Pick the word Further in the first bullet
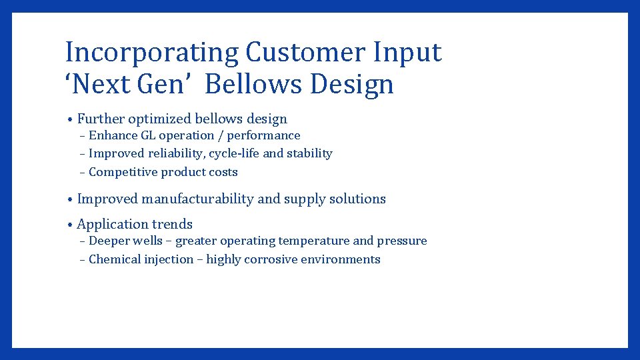pyautogui.click(x=101, y=119)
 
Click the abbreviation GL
pyautogui.click(x=147, y=135)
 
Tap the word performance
pyautogui.click(x=264, y=135)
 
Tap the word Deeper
pyautogui.click(x=109, y=241)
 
